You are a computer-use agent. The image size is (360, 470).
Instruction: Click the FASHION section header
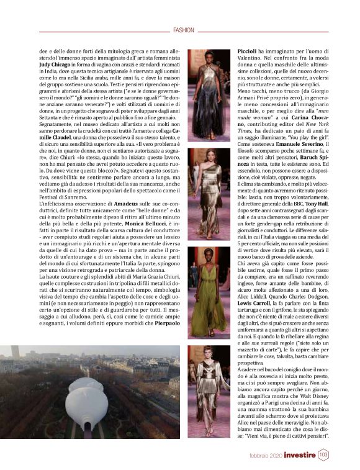pyautogui.click(x=184, y=29)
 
